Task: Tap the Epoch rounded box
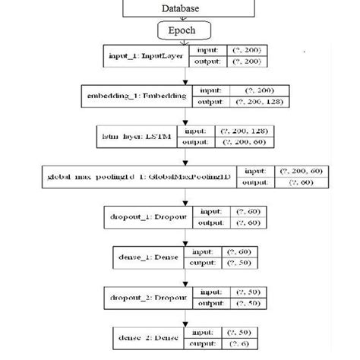pos(182,31)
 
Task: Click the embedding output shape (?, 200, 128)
pos(259,102)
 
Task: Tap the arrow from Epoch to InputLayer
pos(182,42)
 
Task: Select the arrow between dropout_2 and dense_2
pos(182,318)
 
